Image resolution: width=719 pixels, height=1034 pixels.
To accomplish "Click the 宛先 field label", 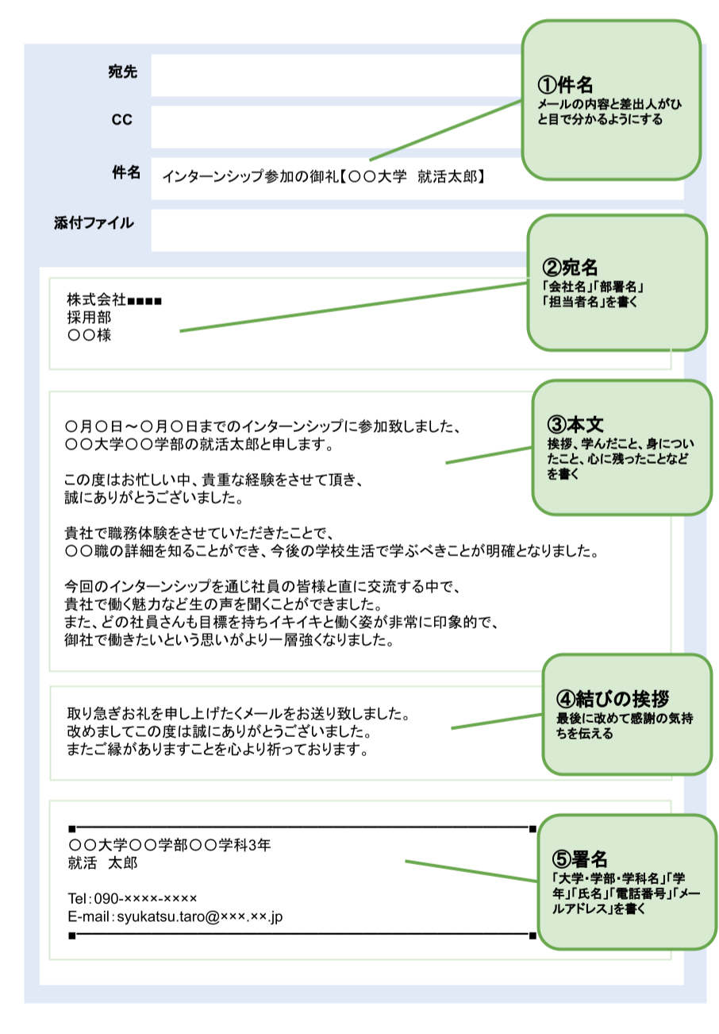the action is (122, 72).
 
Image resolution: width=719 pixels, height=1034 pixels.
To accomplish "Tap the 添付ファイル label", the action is (94, 222).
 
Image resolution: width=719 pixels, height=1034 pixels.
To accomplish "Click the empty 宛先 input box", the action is (333, 75).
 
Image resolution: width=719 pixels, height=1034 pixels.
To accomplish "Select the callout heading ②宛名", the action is (569, 267).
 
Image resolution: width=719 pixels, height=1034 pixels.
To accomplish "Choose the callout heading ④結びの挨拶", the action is (613, 699).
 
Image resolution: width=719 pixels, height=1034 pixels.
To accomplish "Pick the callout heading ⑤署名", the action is (579, 858).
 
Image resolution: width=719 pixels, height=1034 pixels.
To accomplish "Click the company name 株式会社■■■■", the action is (114, 301).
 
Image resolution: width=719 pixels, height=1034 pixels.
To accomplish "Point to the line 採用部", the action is (89, 318).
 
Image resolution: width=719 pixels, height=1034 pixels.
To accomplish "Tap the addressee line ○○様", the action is (89, 335).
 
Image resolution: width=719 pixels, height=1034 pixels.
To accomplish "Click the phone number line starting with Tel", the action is (133, 898).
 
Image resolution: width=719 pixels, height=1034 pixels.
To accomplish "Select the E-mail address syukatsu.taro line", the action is (175, 916).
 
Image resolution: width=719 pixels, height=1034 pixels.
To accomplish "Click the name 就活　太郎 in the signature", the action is (103, 862).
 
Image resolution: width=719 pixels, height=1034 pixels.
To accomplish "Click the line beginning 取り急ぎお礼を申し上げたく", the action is (238, 712).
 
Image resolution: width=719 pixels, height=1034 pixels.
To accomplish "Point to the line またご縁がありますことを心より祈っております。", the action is (218, 749).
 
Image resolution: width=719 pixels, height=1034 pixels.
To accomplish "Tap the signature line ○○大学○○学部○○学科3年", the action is (170, 844).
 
